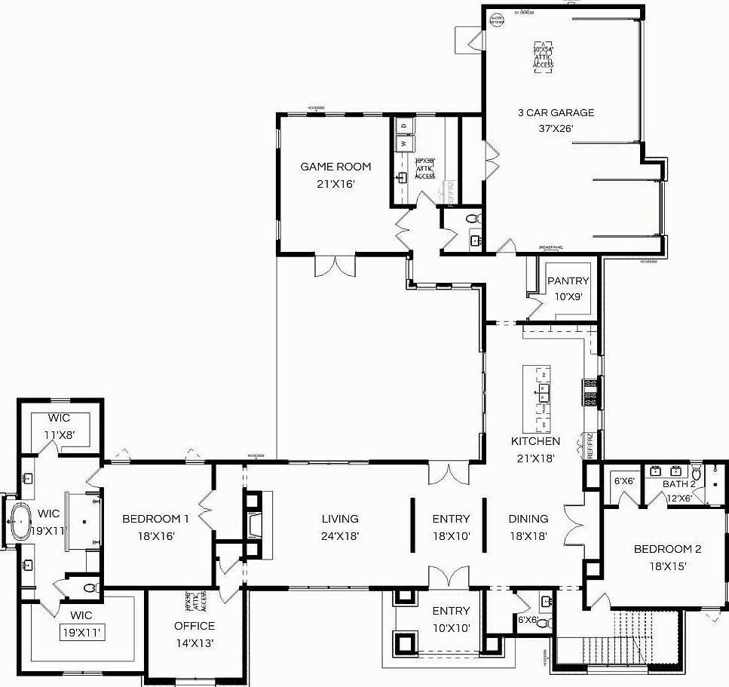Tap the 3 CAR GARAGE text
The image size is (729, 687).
pos(556,112)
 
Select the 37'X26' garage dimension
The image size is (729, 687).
pos(556,128)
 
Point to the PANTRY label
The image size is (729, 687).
pos(568,281)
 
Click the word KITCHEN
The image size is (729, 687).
pos(535,441)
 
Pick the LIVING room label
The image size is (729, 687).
pos(340,519)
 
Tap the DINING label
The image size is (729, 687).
pos(528,519)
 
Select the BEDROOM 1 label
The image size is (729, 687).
pos(155,519)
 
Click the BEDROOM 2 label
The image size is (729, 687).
pos(660,549)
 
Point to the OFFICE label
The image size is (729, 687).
pos(194,626)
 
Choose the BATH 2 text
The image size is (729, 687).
pos(678,483)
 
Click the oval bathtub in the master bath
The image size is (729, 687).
pos(20,520)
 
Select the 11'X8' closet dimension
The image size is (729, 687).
pos(59,434)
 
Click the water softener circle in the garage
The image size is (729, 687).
pos(497,20)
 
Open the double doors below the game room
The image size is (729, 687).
pos(334,266)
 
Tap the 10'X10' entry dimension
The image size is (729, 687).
pos(451,627)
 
